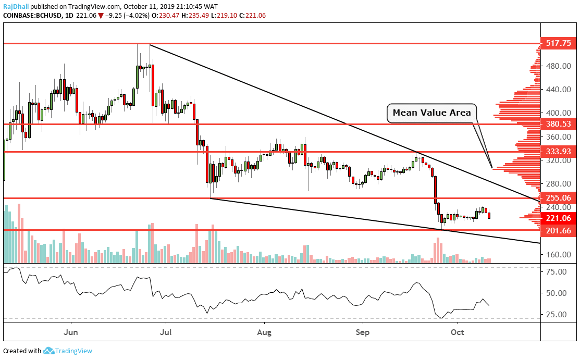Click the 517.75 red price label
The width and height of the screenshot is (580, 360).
point(556,44)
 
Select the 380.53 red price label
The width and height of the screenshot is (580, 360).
point(556,124)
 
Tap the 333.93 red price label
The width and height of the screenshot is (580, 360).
point(556,152)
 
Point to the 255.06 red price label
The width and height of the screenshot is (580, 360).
point(556,198)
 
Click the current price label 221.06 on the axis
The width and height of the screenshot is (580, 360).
point(556,218)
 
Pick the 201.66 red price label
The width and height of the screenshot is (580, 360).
point(556,230)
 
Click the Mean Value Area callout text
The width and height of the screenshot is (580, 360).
point(431,113)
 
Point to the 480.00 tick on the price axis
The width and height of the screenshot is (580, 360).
point(556,66)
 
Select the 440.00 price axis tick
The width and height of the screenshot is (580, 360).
point(556,90)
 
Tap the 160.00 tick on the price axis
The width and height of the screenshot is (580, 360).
point(556,255)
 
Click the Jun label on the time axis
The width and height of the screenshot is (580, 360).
point(70,331)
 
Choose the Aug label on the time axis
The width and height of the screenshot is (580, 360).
point(265,331)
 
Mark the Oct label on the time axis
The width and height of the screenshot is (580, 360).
point(458,331)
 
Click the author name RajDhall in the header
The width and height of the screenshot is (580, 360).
point(16,7)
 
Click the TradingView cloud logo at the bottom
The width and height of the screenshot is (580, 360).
point(49,351)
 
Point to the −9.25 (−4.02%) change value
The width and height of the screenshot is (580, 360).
point(127,16)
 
